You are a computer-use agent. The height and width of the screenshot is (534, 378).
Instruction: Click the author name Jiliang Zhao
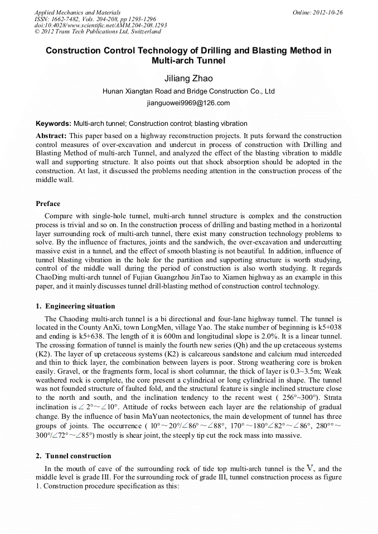[188, 79]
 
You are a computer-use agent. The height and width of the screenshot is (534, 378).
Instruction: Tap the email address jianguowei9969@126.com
[188, 103]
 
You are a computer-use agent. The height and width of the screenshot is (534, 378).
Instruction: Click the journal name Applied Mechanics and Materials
[77, 12]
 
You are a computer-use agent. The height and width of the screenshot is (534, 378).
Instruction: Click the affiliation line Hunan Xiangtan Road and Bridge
[188, 91]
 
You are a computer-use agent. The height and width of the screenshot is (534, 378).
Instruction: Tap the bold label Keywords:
[54, 124]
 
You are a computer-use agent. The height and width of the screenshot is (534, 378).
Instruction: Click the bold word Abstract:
[51, 136]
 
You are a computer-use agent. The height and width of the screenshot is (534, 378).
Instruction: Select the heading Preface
[48, 204]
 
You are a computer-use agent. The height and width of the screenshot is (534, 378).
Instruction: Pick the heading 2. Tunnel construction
[73, 456]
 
